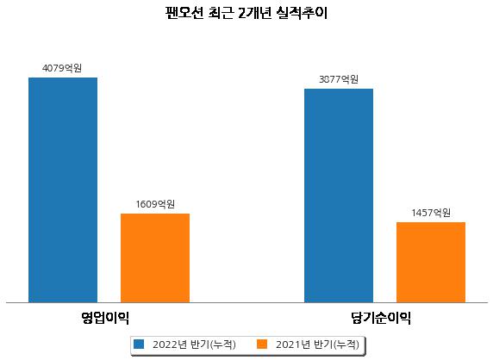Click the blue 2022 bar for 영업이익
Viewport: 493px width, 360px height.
pos(63,190)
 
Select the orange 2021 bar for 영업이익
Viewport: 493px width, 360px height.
pos(155,258)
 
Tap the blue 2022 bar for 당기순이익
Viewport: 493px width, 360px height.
pos(339,196)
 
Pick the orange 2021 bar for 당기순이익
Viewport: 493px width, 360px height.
pos(431,263)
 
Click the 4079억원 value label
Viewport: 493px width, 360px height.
pos(62,68)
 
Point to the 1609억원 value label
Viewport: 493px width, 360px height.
pos(155,204)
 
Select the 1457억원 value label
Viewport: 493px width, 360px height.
pos(431,213)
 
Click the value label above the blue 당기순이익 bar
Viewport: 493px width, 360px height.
pos(339,79)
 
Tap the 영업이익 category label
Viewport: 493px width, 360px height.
pos(105,318)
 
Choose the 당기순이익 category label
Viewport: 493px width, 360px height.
pos(381,318)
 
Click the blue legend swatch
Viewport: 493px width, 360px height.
pos(139,344)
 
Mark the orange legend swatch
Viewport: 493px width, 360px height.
pos(262,344)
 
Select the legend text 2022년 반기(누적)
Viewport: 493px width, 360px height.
pos(194,344)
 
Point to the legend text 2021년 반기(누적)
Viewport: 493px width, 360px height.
pos(317,344)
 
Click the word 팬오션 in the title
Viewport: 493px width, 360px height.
pos(184,13)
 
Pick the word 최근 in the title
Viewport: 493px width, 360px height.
pos(221,13)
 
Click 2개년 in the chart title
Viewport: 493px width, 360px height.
pos(255,13)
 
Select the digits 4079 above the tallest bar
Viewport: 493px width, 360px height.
pos(53,68)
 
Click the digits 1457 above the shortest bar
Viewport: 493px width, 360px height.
pos(422,213)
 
